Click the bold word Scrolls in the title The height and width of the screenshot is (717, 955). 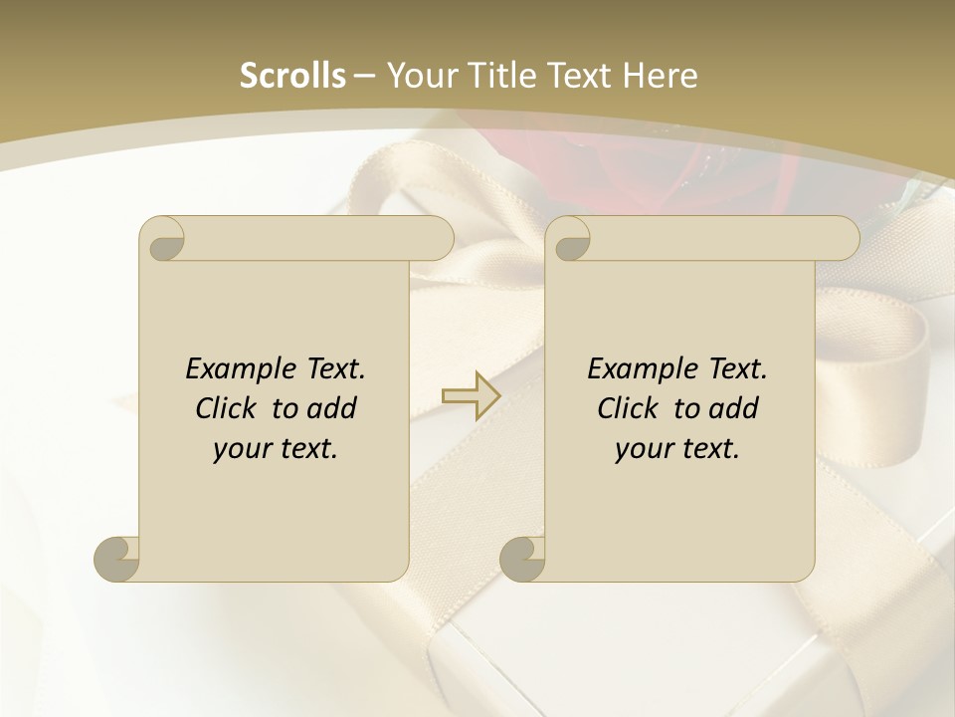293,76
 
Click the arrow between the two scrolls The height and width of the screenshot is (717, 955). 471,396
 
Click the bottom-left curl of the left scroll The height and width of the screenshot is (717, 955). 116,559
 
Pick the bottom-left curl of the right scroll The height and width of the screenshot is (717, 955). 522,559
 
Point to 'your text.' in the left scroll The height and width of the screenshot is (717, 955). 276,449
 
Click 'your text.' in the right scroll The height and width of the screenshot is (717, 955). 677,449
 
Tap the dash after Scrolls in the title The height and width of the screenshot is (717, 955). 363,76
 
